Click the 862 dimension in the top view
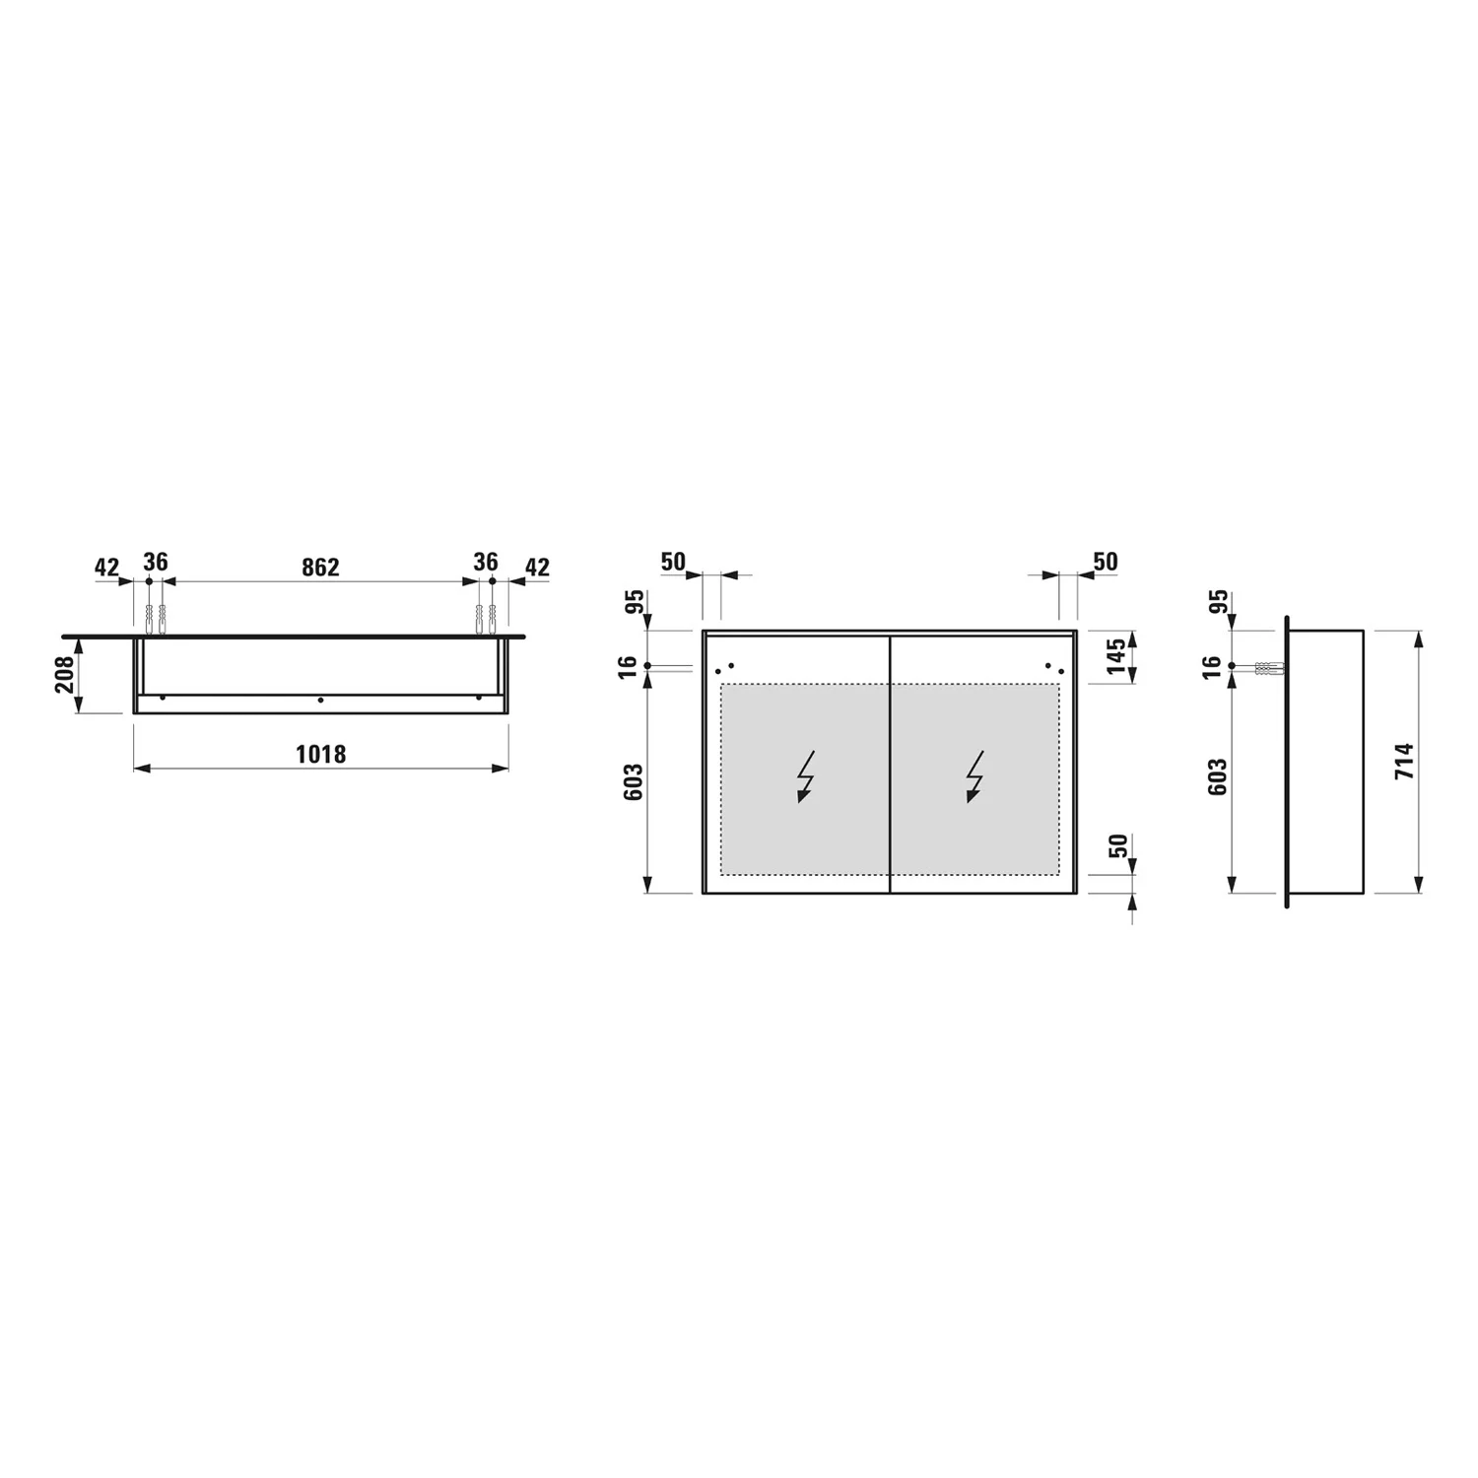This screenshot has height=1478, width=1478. pyautogui.click(x=320, y=568)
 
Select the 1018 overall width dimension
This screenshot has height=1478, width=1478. pyautogui.click(x=321, y=755)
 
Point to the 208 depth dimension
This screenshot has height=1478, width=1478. pyautogui.click(x=66, y=674)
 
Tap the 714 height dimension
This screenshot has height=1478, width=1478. pyautogui.click(x=1404, y=762)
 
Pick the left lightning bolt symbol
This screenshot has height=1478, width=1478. pyautogui.click(x=806, y=776)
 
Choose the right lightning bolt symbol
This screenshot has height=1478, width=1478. pyautogui.click(x=974, y=776)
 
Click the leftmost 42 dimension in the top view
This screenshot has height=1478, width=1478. pyautogui.click(x=106, y=568)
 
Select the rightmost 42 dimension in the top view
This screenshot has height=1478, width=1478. pyautogui.click(x=537, y=568)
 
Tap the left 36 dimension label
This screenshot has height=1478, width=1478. pyautogui.click(x=156, y=562)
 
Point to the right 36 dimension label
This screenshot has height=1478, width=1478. pyautogui.click(x=486, y=562)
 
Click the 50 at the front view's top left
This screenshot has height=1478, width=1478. pyautogui.click(x=673, y=562)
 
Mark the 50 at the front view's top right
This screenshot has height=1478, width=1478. pyautogui.click(x=1106, y=562)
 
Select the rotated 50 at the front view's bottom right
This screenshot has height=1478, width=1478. pyautogui.click(x=1117, y=845)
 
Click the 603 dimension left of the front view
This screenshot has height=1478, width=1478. pyautogui.click(x=634, y=781)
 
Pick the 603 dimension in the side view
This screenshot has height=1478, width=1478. pyautogui.click(x=1218, y=776)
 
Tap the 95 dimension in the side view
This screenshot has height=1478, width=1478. pyautogui.click(x=1218, y=601)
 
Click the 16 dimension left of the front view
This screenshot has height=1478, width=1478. pyautogui.click(x=628, y=667)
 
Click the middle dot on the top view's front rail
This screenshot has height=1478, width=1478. pyautogui.click(x=320, y=700)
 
